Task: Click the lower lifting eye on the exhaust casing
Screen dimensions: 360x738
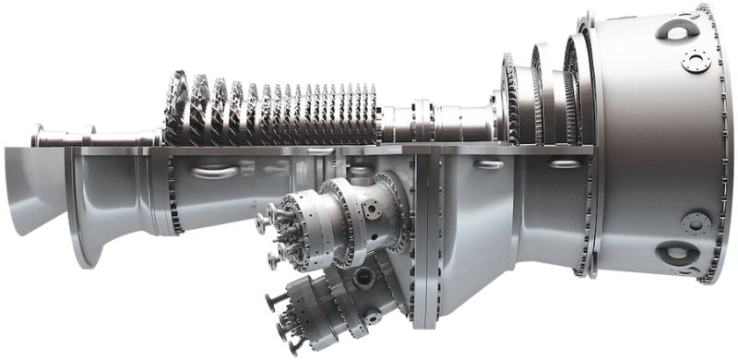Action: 677,252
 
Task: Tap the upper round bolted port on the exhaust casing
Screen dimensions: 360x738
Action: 696,61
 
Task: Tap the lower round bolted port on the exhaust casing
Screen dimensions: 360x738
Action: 696,222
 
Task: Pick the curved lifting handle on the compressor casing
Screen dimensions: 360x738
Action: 214,171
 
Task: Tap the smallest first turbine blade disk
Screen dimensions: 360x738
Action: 509,100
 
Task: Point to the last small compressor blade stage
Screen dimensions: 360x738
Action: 371,115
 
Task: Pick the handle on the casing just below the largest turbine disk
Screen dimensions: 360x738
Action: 565,164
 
